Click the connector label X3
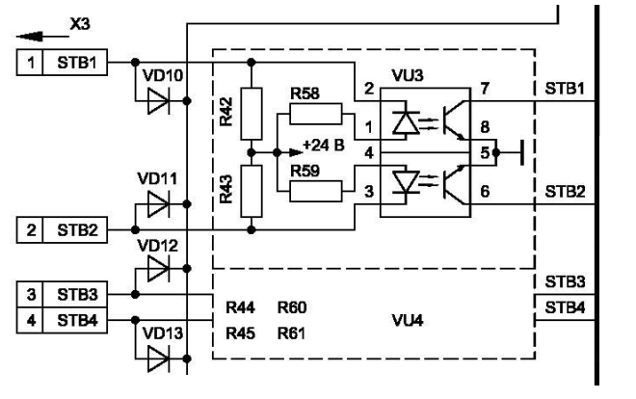click(x=84, y=19)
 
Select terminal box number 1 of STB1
click(x=29, y=63)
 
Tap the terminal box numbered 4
click(x=29, y=318)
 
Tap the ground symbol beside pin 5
click(x=517, y=151)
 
